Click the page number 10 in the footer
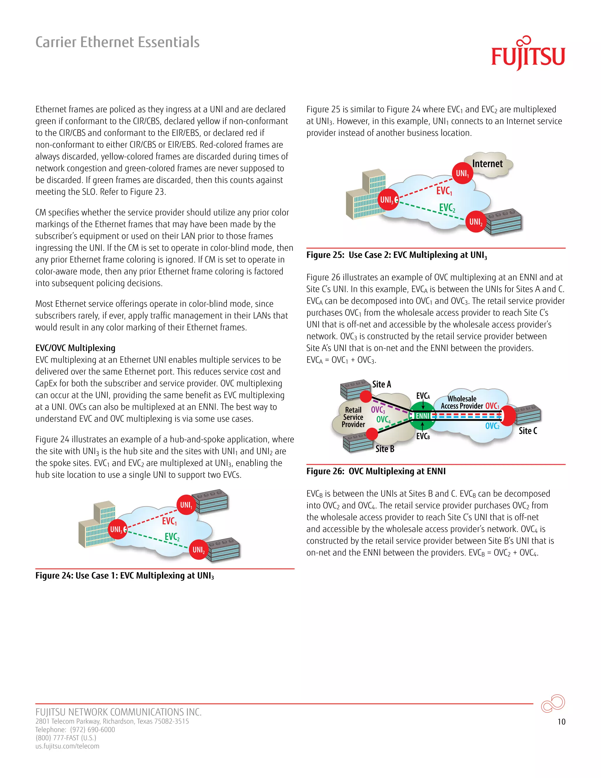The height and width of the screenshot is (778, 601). pyautogui.click(x=561, y=722)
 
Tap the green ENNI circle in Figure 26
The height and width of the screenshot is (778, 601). pyautogui.click(x=422, y=416)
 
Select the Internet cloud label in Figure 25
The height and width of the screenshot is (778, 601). pyautogui.click(x=487, y=164)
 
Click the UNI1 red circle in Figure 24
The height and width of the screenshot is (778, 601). pyautogui.click(x=186, y=505)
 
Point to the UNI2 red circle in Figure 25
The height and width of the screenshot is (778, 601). pyautogui.click(x=476, y=222)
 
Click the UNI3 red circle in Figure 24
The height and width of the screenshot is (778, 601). pyautogui.click(x=117, y=529)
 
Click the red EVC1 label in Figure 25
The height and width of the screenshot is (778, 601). pyautogui.click(x=444, y=191)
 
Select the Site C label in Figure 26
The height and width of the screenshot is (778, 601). pyautogui.click(x=528, y=431)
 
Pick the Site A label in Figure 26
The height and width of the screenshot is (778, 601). pyautogui.click(x=381, y=384)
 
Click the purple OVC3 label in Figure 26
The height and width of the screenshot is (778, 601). pyautogui.click(x=378, y=410)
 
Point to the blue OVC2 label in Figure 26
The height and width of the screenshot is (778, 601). pyautogui.click(x=492, y=426)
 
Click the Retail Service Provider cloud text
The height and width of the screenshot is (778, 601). pyautogui.click(x=353, y=417)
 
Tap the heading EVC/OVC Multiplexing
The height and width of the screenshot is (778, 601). pyautogui.click(x=75, y=348)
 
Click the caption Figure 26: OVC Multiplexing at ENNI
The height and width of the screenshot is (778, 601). pyautogui.click(x=376, y=471)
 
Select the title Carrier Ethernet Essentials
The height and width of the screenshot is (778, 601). pyautogui.click(x=117, y=42)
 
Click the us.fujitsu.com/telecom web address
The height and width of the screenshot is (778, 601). pyautogui.click(x=67, y=746)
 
